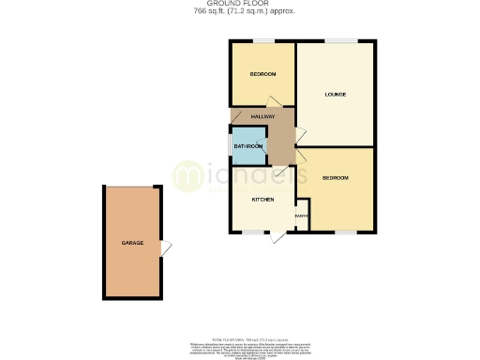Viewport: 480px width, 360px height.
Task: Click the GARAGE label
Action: pyautogui.click(x=131, y=242)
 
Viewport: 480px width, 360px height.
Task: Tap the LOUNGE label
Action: pyautogui.click(x=336, y=94)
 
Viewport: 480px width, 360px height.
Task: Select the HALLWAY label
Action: pyautogui.click(x=262, y=116)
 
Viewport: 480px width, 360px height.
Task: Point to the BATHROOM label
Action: pyautogui.click(x=247, y=146)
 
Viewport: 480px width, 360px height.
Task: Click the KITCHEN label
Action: pyautogui.click(x=262, y=200)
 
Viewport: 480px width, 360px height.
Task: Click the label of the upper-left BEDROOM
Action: pyautogui.click(x=262, y=74)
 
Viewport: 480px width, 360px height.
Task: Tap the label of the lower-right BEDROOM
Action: pyautogui.click(x=336, y=178)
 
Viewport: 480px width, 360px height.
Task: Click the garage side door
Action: pyautogui.click(x=166, y=247)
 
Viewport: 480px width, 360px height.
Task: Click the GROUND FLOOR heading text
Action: pyautogui.click(x=239, y=4)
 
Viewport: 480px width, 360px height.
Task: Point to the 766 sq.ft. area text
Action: pyautogui.click(x=239, y=10)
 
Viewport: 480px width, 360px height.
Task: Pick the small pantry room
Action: pyautogui.click(x=302, y=218)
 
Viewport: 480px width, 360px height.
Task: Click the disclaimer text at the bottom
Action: pyautogui.click(x=239, y=348)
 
